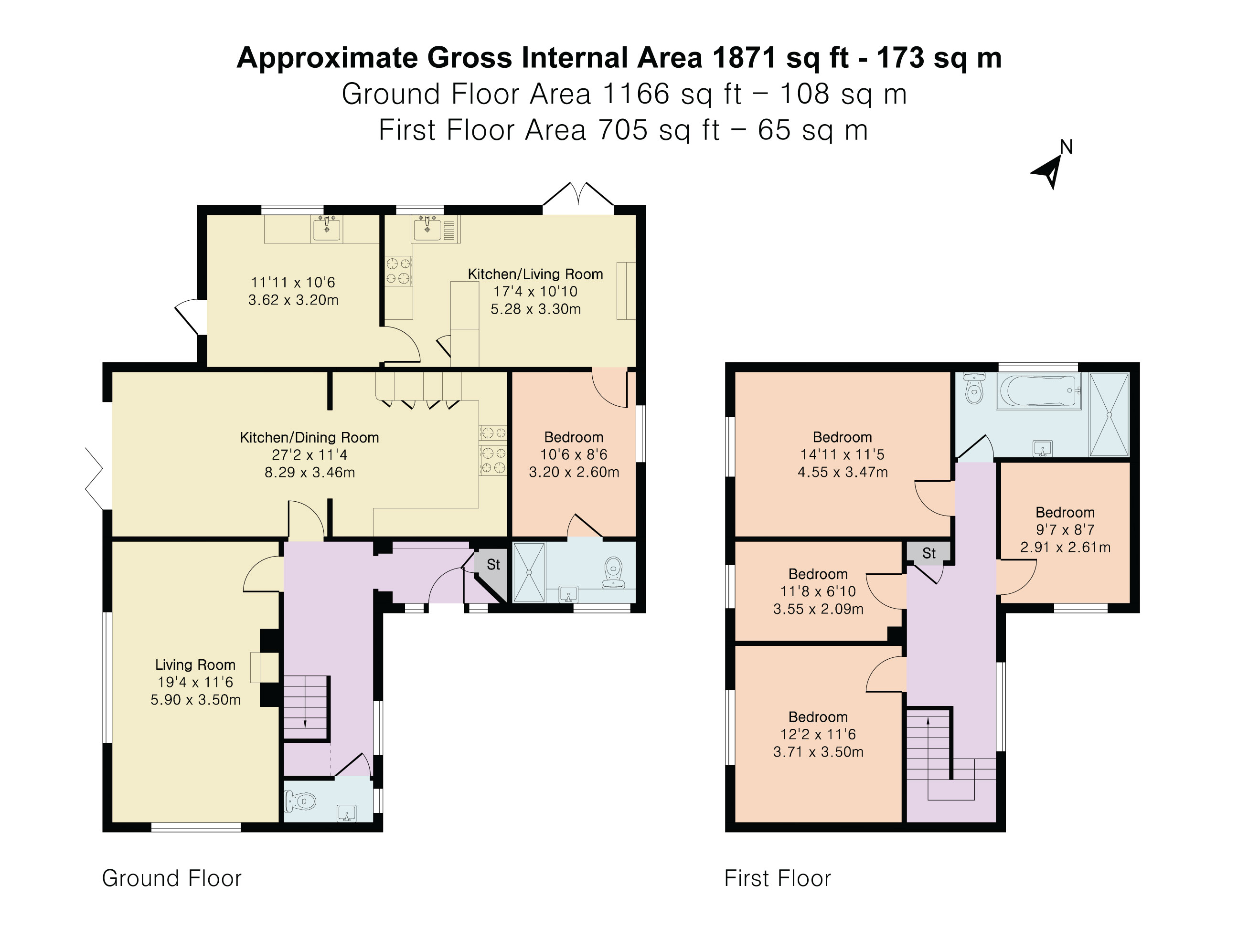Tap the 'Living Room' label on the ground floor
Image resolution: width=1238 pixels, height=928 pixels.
[x=195, y=664]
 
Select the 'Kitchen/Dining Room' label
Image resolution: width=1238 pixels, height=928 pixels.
[x=309, y=437]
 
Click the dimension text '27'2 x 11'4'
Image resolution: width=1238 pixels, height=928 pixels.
[x=309, y=455]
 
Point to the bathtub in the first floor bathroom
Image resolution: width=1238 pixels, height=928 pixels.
[x=1038, y=390]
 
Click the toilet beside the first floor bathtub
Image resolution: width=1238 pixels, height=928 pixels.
[x=974, y=388]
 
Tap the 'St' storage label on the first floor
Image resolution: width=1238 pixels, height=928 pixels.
[x=929, y=553]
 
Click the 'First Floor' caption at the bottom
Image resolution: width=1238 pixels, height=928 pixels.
[x=778, y=878]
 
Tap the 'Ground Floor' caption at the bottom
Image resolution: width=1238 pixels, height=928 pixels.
[x=172, y=878]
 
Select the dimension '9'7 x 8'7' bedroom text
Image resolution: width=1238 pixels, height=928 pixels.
[x=1065, y=530]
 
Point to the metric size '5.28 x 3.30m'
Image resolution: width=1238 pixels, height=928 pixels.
[x=535, y=309]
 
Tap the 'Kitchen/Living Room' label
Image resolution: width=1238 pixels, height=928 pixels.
[x=535, y=274]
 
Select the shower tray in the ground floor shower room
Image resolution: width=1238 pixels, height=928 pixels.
[x=529, y=572]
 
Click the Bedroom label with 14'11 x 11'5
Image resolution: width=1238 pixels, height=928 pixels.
[x=843, y=437]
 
